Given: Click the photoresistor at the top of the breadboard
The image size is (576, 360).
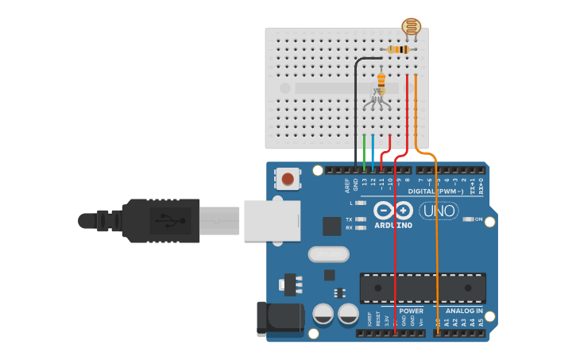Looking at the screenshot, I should (410, 28).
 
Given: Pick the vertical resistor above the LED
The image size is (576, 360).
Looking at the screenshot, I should (381, 82).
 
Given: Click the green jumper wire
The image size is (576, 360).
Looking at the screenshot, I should (364, 151).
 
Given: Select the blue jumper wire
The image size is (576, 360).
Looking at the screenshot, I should (373, 151).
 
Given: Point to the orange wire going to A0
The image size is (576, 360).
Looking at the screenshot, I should (437, 238).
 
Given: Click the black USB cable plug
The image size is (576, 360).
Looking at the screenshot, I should (159, 220).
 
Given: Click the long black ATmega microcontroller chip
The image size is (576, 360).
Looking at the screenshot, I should (422, 288).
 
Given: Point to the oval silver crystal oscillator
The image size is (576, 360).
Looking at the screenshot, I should (328, 254).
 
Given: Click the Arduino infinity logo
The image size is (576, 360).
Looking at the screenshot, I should (393, 211).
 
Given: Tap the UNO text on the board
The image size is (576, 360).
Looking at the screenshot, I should (439, 211).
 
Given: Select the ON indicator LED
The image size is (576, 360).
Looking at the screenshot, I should (468, 219).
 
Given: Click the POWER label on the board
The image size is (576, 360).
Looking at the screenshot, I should (412, 311).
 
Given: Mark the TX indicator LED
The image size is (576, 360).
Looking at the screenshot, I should (361, 219).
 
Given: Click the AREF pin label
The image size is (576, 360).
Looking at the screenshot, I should (346, 187).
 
